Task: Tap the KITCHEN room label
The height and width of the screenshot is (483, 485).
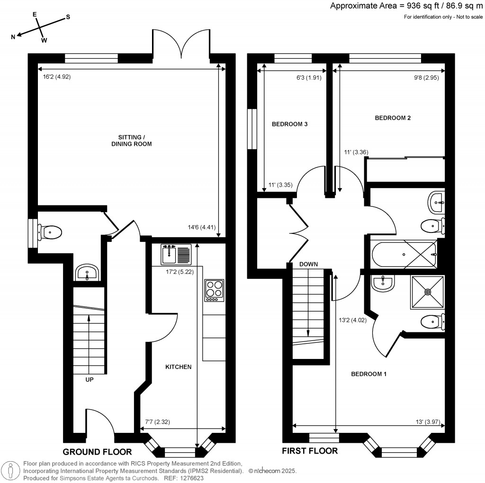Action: coord(178,367)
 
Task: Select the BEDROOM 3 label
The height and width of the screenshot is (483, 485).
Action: coord(290,125)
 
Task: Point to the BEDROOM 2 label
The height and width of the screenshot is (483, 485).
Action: coord(393,118)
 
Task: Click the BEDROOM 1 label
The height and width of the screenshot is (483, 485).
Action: coord(368,374)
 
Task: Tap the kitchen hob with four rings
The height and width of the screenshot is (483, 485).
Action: coord(214,291)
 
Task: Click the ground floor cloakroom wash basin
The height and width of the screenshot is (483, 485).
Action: coord(87,273)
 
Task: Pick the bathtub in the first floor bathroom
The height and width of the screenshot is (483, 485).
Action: coord(403,254)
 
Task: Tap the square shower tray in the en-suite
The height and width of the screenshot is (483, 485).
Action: coord(428,292)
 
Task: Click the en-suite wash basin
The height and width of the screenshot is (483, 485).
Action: coord(382,283)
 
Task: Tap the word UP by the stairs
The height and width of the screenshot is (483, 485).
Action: coord(89,379)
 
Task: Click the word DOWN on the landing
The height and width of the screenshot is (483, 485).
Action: coord(308,264)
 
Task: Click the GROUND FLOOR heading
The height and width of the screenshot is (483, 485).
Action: coord(97,451)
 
